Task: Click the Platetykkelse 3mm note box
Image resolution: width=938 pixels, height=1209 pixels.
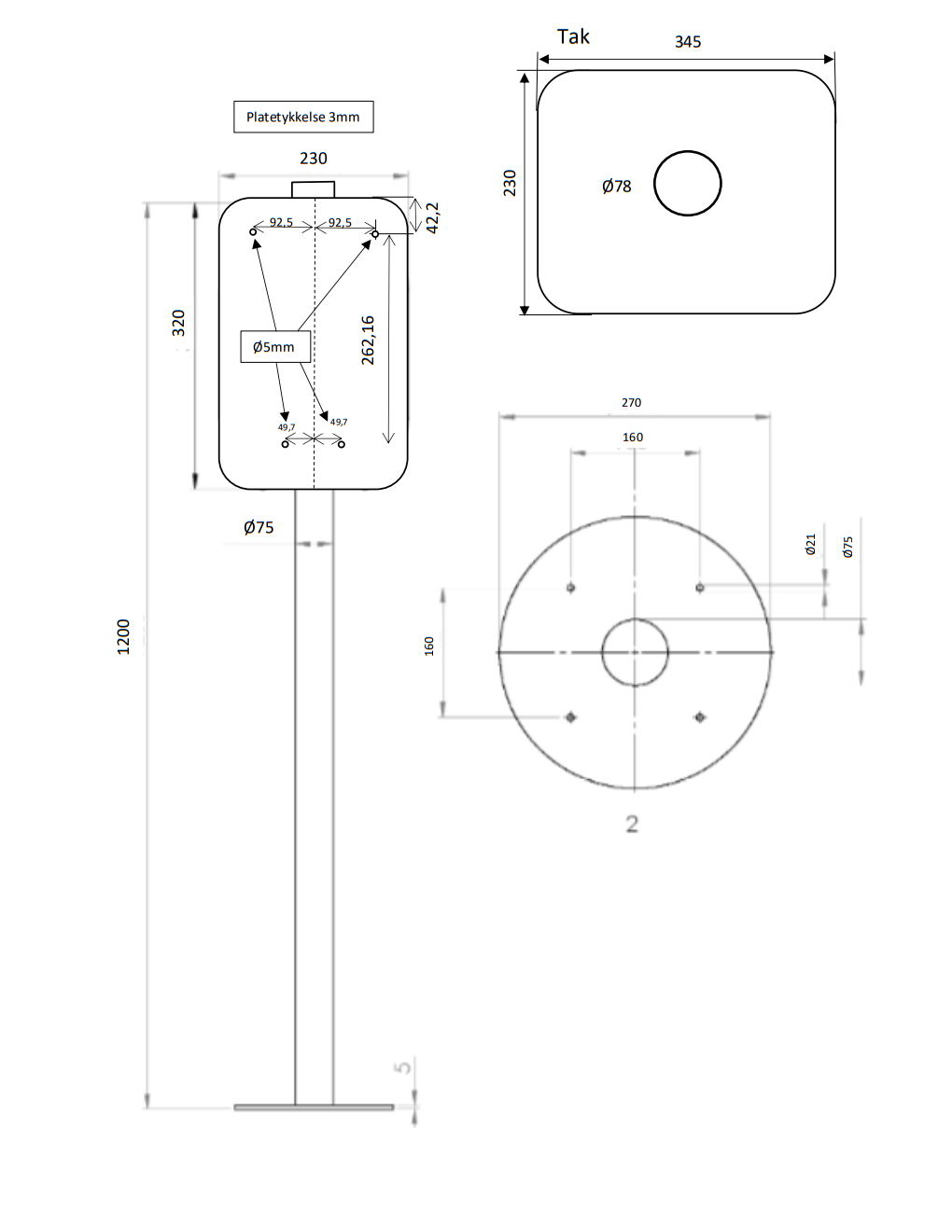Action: (x=303, y=117)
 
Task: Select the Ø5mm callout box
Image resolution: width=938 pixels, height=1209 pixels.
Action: (x=275, y=347)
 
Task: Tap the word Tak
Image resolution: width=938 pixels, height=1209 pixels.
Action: (x=573, y=36)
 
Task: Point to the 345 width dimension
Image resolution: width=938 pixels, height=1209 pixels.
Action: (x=688, y=42)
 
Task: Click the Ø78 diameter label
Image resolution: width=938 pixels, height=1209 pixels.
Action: (x=617, y=186)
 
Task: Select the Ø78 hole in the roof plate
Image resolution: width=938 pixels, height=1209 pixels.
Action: (x=688, y=151)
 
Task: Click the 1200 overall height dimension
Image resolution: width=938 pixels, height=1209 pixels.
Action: (x=123, y=636)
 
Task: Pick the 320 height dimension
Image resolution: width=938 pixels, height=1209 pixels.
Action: (x=178, y=323)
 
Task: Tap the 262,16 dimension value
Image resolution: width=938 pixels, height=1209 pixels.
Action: (x=368, y=340)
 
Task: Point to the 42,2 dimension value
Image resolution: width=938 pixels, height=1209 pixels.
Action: (x=432, y=218)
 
